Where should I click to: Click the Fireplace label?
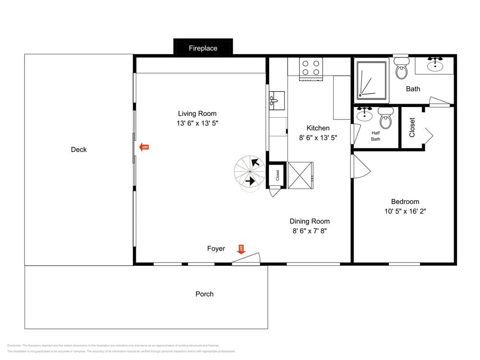(x=203, y=48)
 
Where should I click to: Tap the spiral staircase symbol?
(x=250, y=174)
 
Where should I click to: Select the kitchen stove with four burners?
(x=311, y=68)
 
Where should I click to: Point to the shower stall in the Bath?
(x=371, y=80)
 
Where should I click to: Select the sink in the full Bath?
(x=435, y=64)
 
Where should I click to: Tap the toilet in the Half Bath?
(x=385, y=118)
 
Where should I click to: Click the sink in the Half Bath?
(x=365, y=113)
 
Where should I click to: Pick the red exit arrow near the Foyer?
(x=241, y=248)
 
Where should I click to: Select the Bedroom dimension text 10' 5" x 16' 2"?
(x=405, y=211)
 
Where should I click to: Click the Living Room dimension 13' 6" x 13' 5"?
(x=197, y=123)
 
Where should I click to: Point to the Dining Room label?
(x=310, y=221)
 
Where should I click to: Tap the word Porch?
(x=204, y=294)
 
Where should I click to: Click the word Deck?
(x=79, y=149)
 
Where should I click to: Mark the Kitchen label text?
(x=318, y=128)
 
